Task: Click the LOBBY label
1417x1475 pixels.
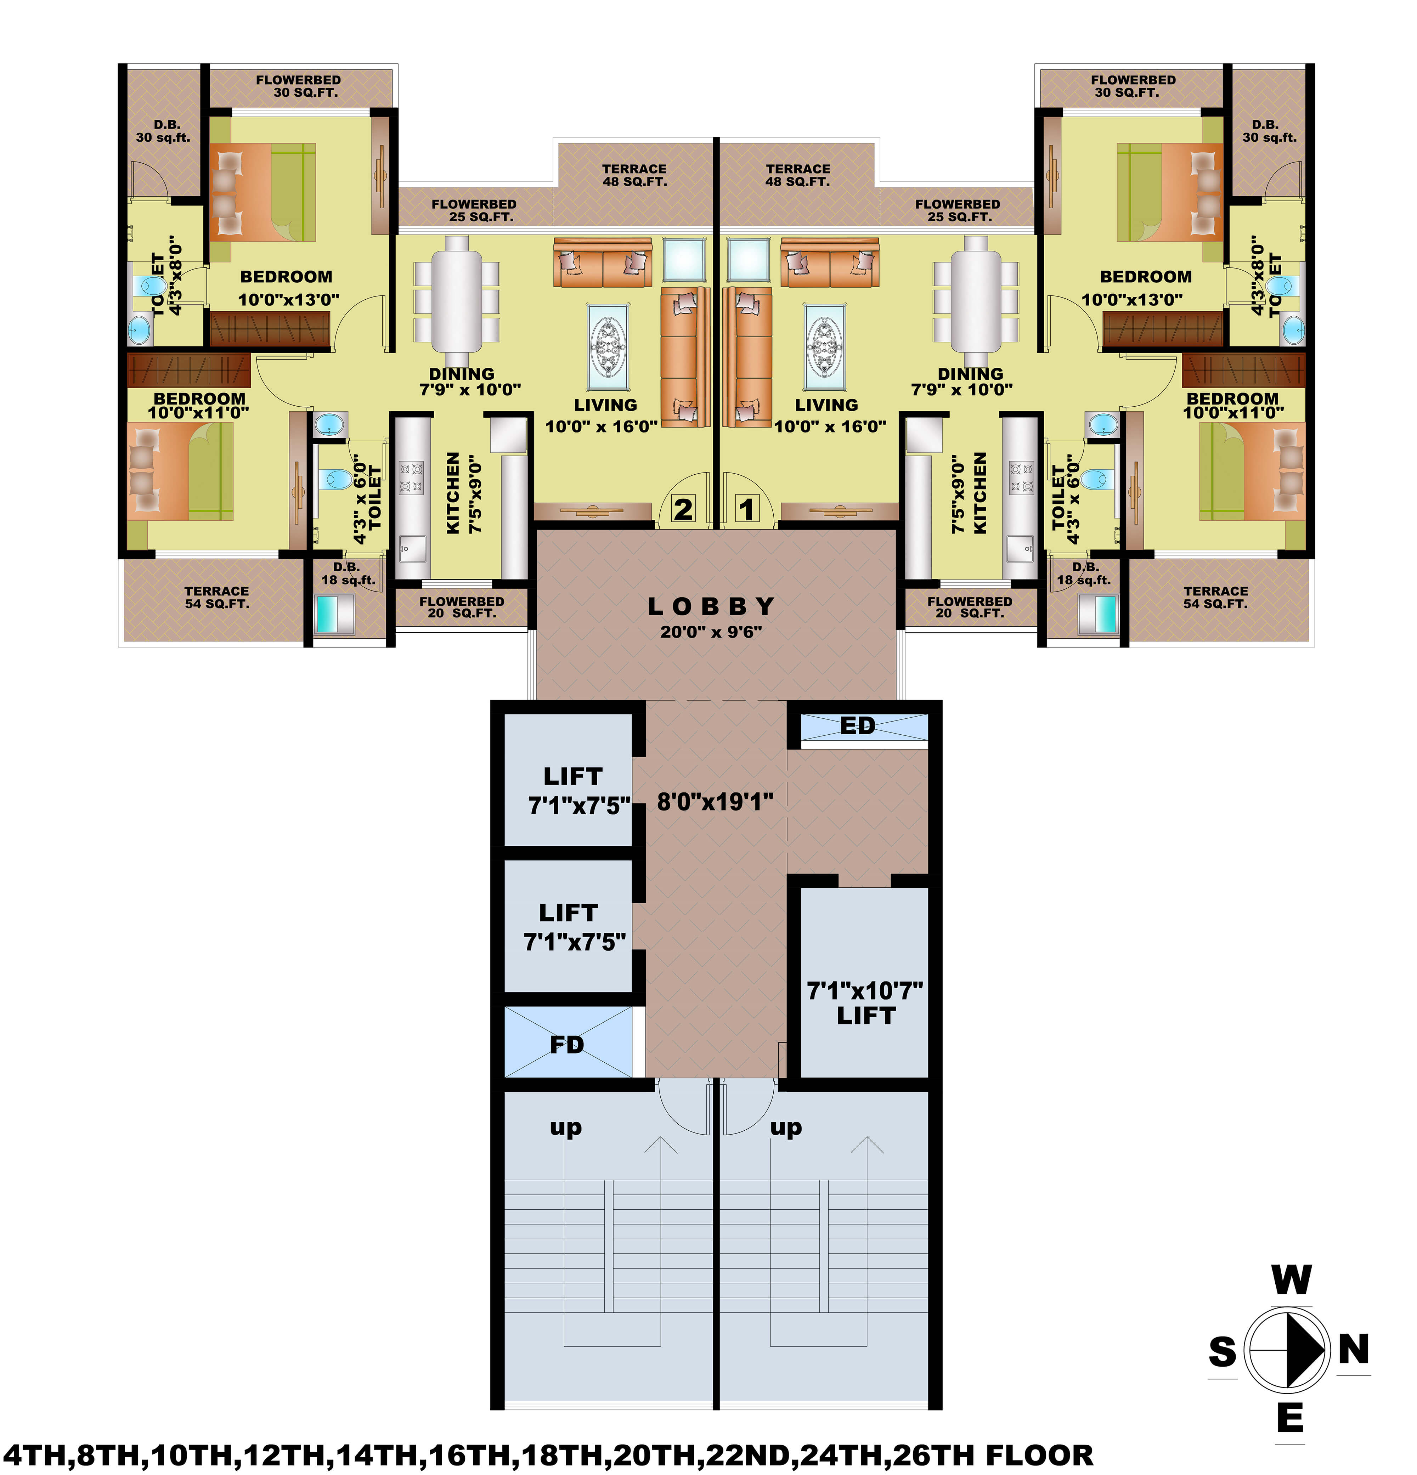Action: click(x=710, y=606)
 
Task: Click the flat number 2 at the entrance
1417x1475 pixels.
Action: click(x=683, y=509)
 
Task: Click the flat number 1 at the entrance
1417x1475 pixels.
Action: click(x=746, y=509)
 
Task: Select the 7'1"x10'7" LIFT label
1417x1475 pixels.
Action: click(x=865, y=1003)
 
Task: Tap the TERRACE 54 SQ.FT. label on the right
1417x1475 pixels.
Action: click(x=1215, y=598)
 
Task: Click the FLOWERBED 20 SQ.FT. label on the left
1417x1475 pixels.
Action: click(x=461, y=607)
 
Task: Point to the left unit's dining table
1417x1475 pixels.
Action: click(x=456, y=295)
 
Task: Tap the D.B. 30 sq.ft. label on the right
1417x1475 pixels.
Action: click(x=1269, y=131)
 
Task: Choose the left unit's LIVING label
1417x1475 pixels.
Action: click(x=605, y=405)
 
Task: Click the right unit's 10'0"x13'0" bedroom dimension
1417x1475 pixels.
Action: click(x=1132, y=300)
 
